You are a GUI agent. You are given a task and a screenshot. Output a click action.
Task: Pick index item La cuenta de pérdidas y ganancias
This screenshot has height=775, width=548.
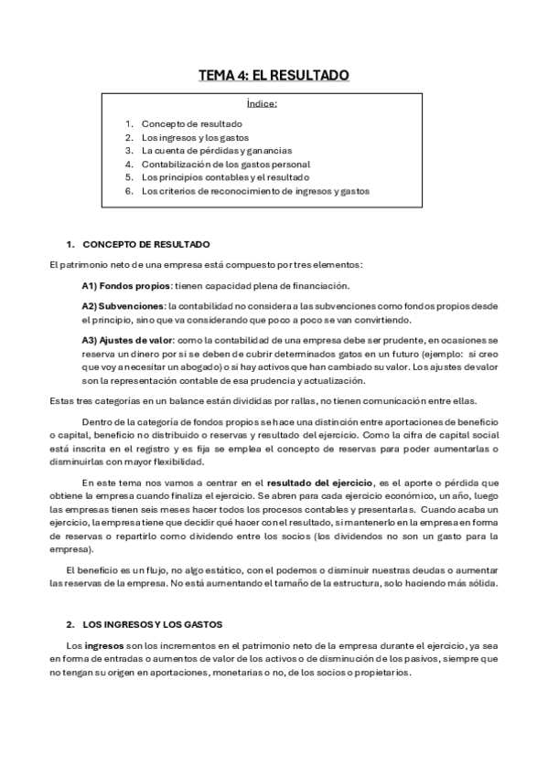tap(217, 150)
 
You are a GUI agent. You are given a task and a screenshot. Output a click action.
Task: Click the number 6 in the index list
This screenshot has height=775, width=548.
tap(130, 191)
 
